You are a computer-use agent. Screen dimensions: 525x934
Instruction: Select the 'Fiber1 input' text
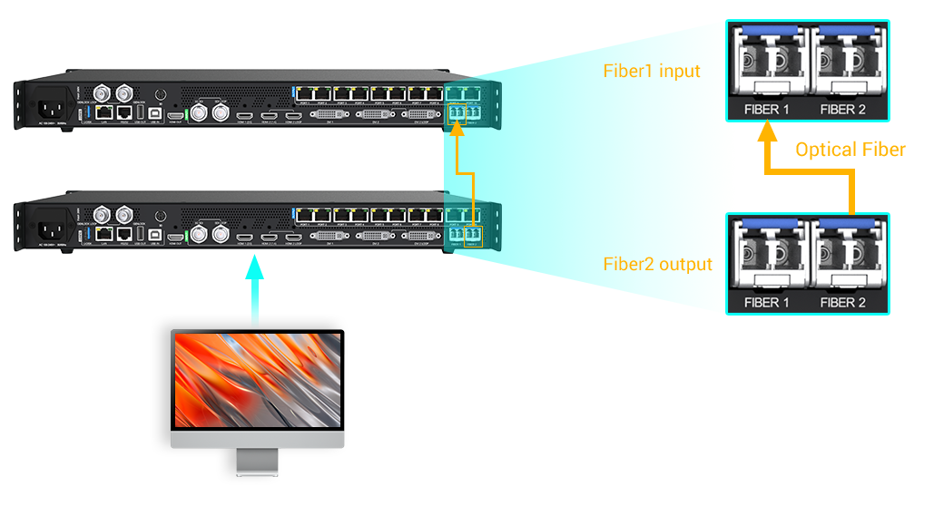[x=652, y=71]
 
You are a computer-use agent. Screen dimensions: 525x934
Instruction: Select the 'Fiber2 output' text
[x=658, y=265]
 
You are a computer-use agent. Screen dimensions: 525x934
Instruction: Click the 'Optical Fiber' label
[x=850, y=150]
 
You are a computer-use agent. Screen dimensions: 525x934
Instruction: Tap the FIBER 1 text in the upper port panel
[x=766, y=110]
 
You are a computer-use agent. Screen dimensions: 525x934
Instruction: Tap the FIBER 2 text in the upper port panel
[x=842, y=110]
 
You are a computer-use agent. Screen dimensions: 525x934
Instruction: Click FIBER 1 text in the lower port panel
[x=766, y=303]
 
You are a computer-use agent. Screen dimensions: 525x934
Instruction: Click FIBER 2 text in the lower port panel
[x=842, y=303]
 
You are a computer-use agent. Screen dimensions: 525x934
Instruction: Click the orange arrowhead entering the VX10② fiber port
[x=458, y=131]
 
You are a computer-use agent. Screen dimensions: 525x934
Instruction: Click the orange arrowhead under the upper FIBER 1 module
[x=767, y=132]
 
